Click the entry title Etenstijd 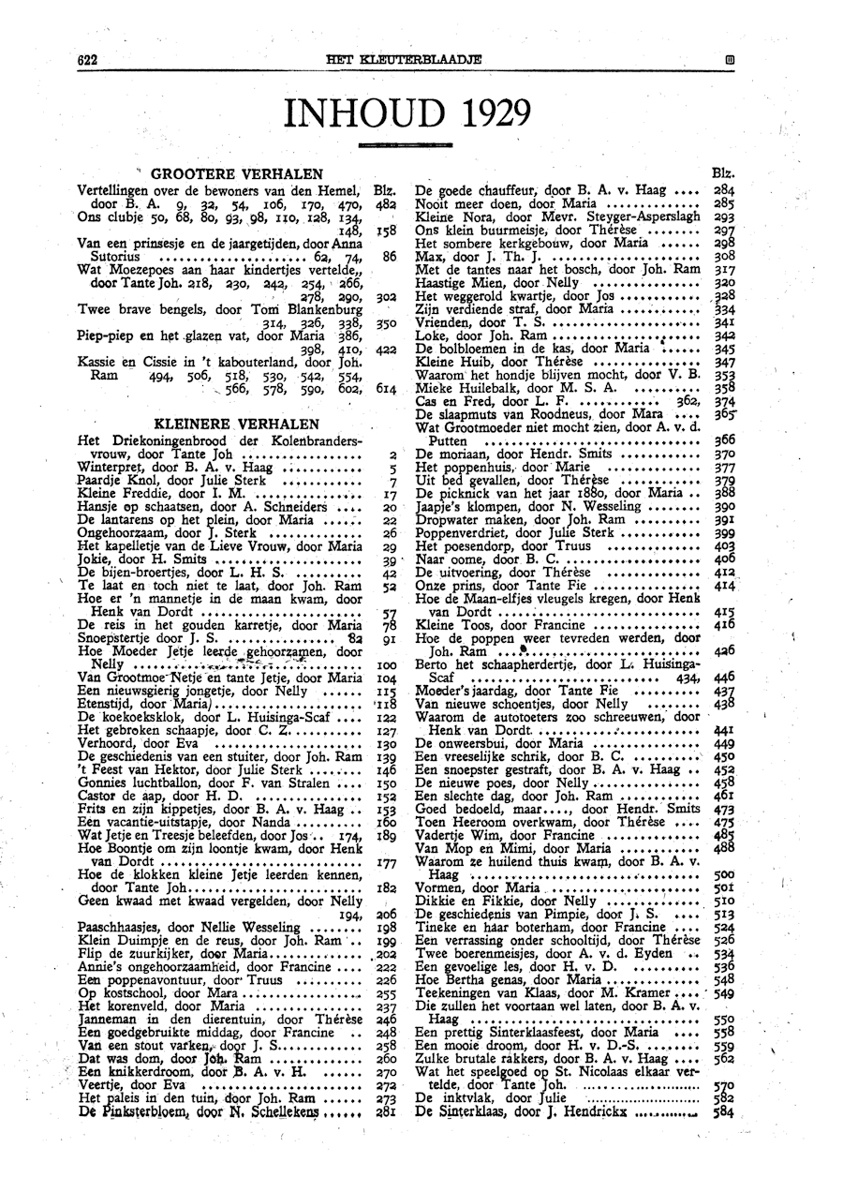coord(109,703)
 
